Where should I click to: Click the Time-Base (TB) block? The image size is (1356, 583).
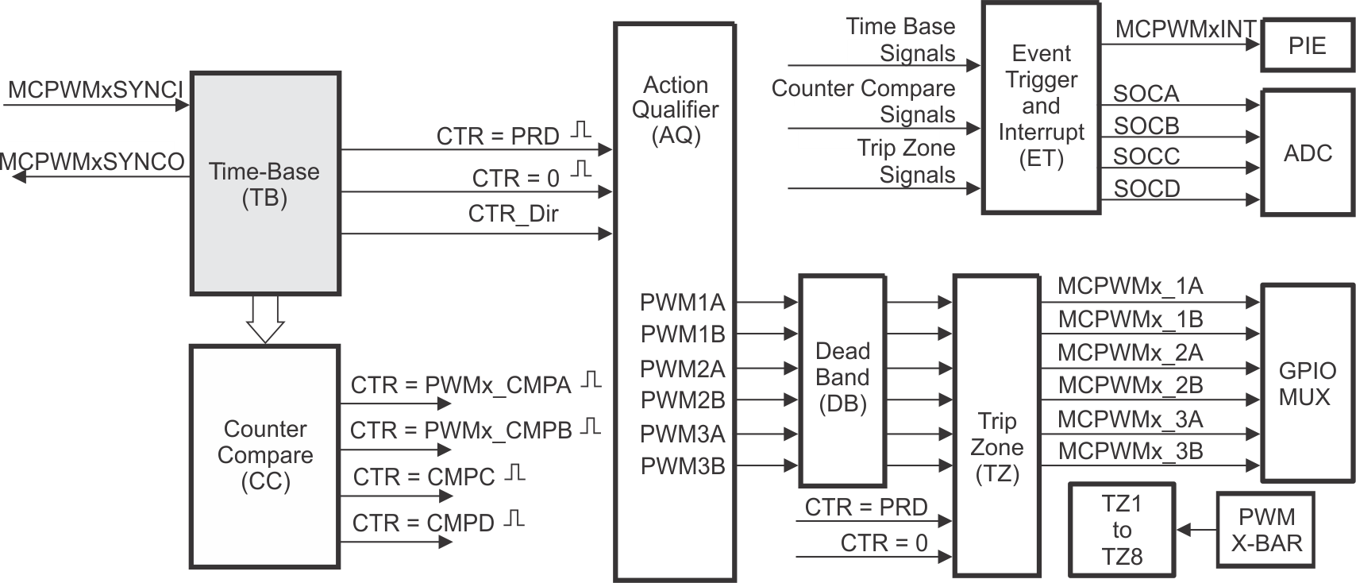(x=265, y=184)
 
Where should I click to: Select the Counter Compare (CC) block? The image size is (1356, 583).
(x=265, y=456)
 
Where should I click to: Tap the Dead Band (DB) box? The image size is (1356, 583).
(x=842, y=379)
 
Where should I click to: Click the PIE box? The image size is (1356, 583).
(x=1307, y=46)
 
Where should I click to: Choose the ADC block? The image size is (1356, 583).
(x=1307, y=153)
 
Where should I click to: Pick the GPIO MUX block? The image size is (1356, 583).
(x=1307, y=383)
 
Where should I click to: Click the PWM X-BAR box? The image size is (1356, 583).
(x=1265, y=530)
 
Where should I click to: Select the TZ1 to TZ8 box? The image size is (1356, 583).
(x=1121, y=530)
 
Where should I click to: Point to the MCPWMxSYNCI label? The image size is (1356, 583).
(x=95, y=90)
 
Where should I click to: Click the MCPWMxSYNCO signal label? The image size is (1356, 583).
(x=94, y=161)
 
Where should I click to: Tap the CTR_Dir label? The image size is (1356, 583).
(x=513, y=214)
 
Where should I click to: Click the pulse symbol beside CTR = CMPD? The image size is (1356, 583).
(x=516, y=519)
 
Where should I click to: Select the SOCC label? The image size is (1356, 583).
(x=1146, y=156)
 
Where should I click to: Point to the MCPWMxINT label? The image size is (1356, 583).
(x=1185, y=29)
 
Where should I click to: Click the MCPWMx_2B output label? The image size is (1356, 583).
(x=1130, y=385)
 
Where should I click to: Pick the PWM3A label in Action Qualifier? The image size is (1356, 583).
(x=682, y=434)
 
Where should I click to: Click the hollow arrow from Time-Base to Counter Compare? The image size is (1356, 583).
(x=265, y=319)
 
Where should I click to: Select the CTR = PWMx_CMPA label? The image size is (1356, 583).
(x=461, y=385)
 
